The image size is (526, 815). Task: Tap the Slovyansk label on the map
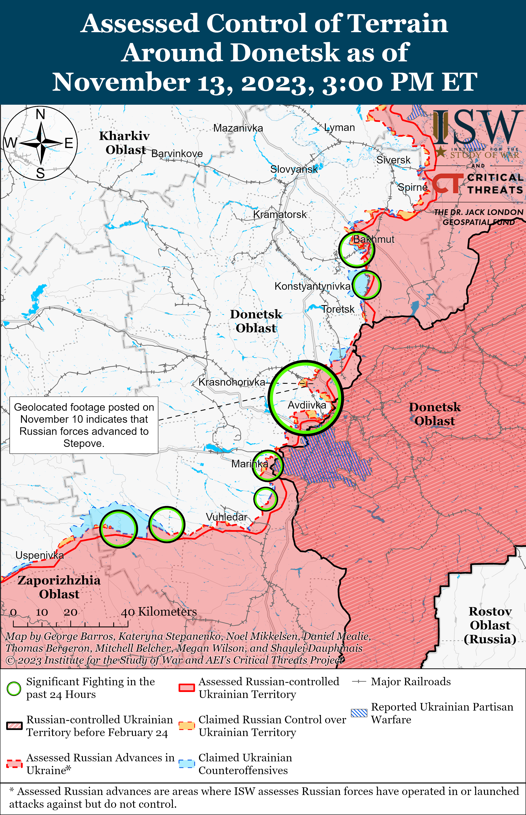[294, 169]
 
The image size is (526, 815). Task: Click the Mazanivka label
[238, 128]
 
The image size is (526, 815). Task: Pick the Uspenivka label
[40, 555]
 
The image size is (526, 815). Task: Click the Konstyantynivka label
[312, 286]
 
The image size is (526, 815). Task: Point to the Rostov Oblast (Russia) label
[490, 625]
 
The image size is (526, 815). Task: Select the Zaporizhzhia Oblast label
[59, 587]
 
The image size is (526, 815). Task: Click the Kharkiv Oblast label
[125, 142]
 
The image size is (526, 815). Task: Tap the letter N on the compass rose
[41, 114]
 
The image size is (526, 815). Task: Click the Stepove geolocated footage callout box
[84, 425]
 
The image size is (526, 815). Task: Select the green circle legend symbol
[14, 689]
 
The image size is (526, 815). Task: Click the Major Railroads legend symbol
[359, 682]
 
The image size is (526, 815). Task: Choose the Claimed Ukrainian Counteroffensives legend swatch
[187, 764]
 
